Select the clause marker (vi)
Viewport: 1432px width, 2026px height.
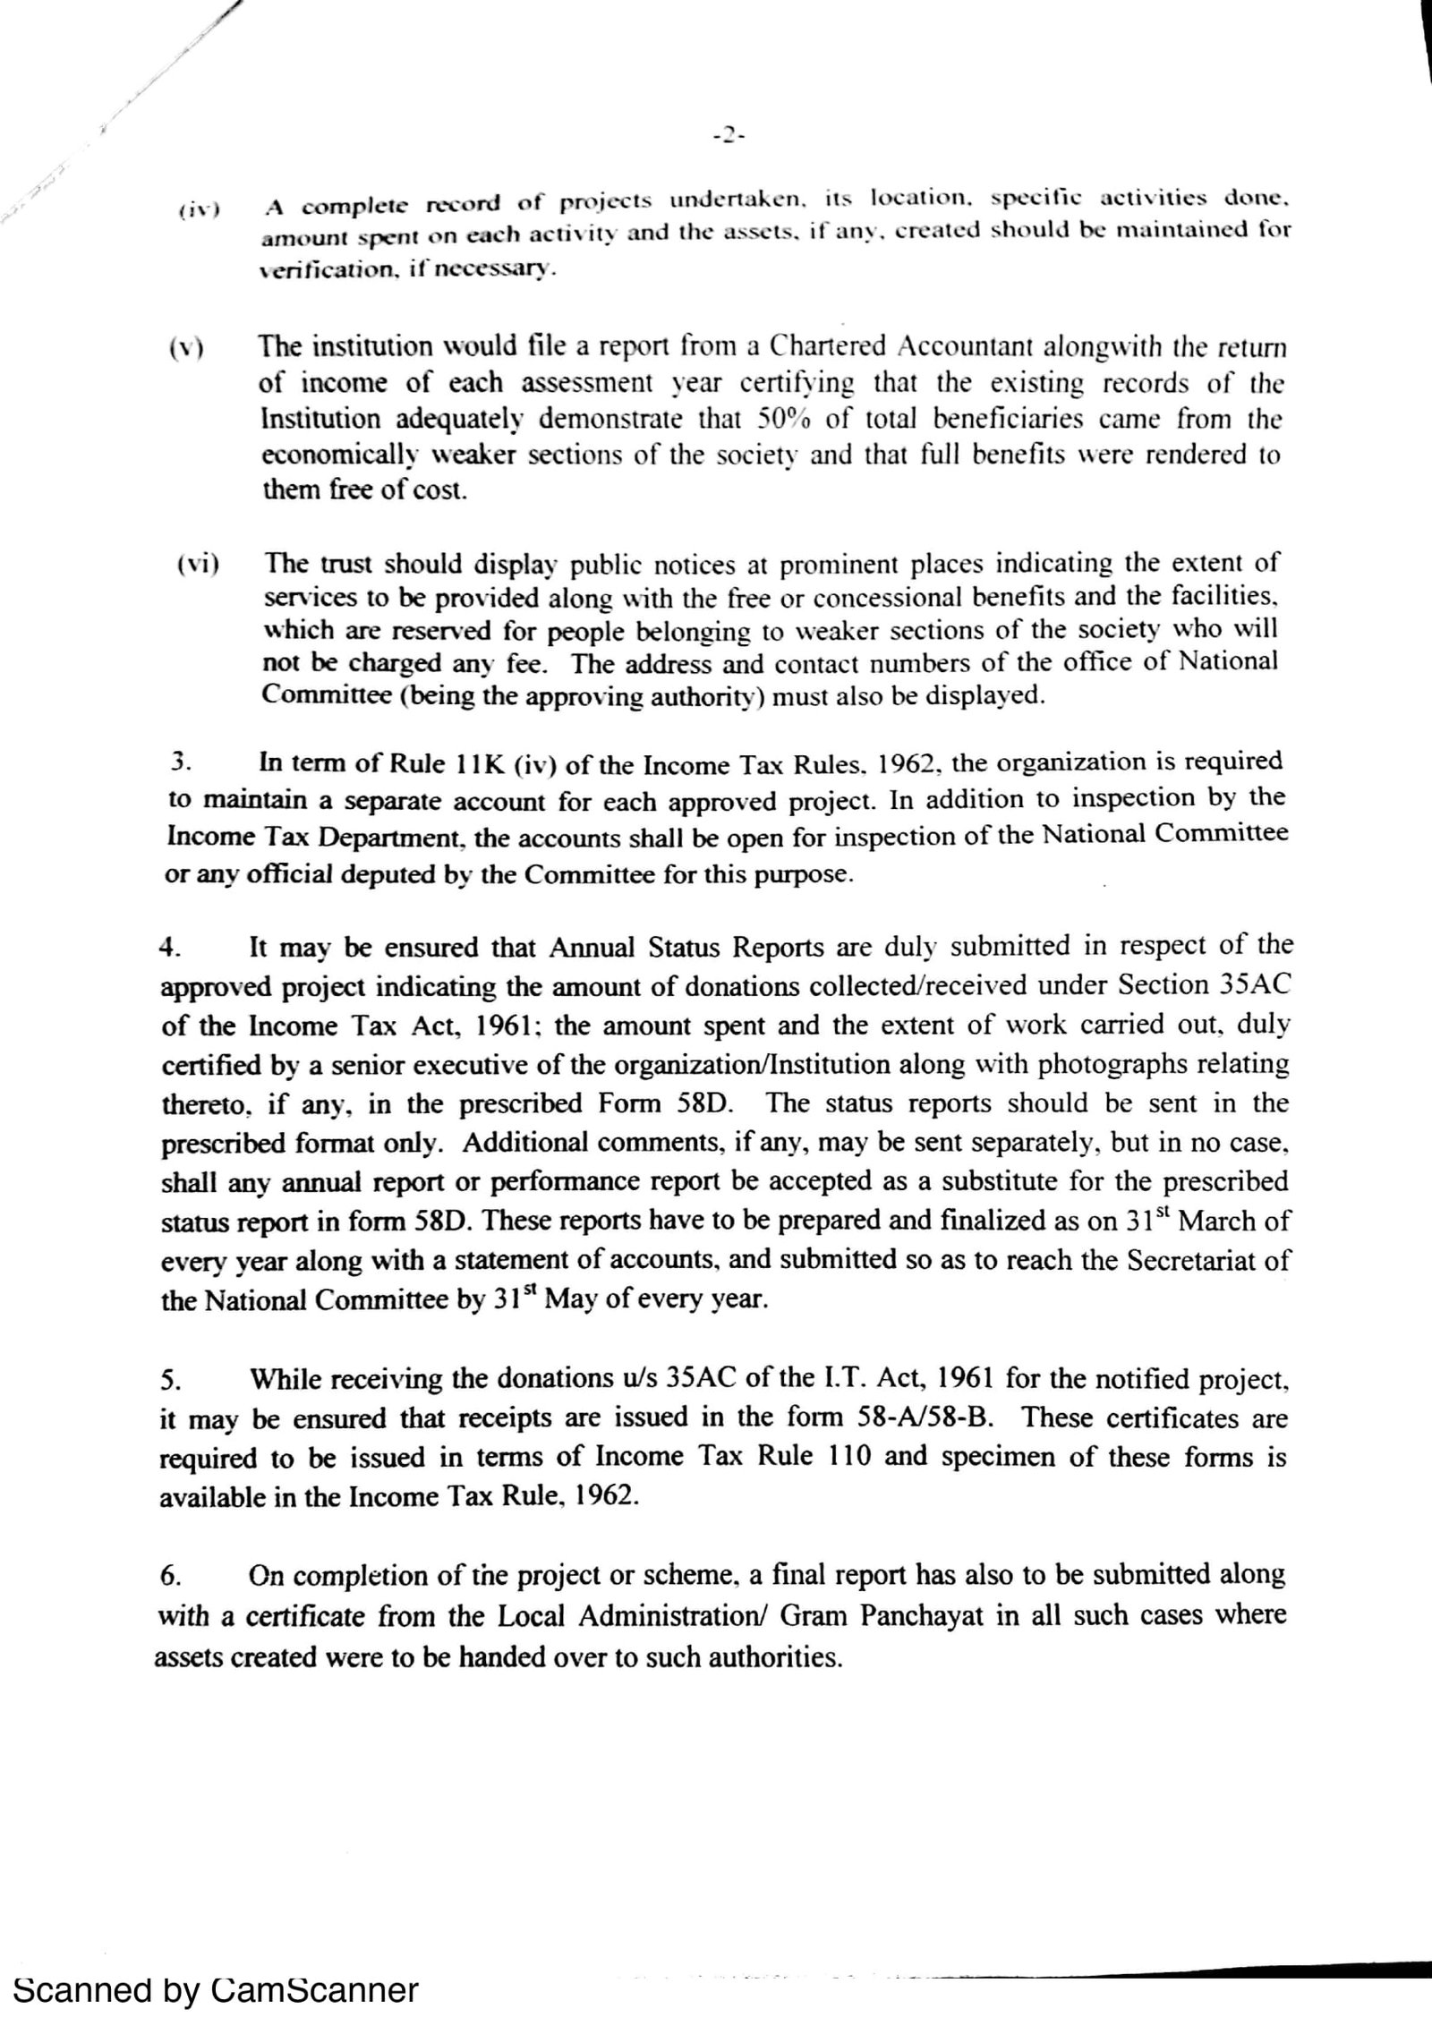[x=199, y=565]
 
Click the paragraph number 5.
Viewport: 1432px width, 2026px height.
[x=171, y=1381]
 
